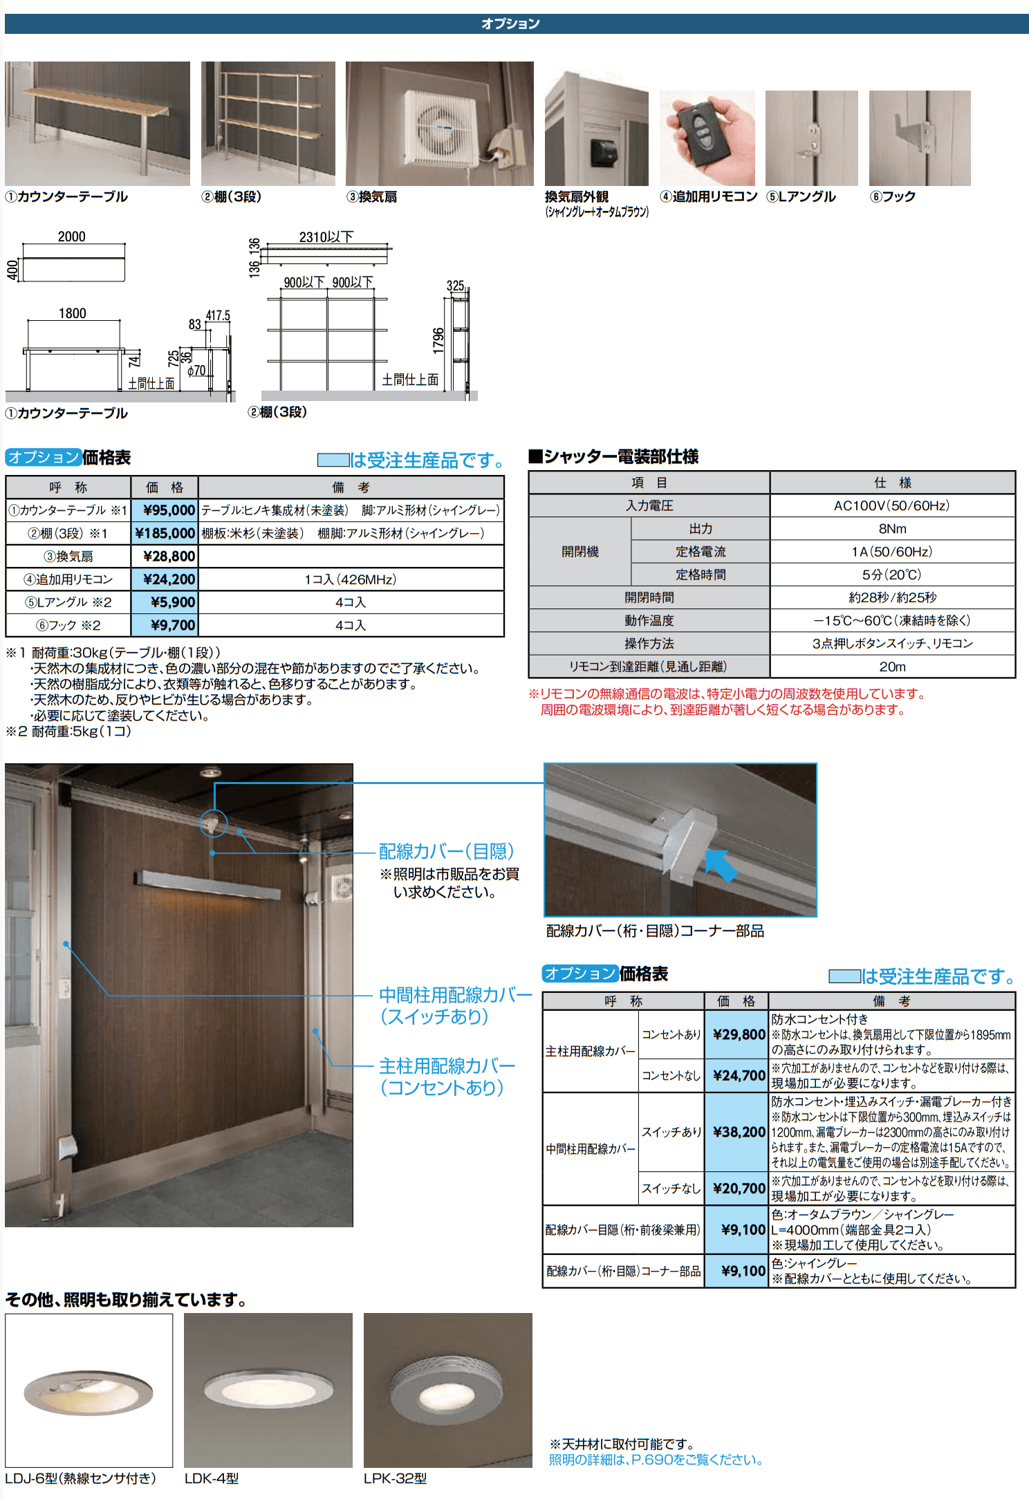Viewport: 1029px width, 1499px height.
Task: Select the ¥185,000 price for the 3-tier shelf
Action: coord(165,533)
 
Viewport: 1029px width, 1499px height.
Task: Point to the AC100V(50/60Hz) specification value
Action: coord(891,505)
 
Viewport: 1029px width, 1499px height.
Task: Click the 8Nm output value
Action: coord(892,529)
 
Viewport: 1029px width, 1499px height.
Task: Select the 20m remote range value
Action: coord(892,667)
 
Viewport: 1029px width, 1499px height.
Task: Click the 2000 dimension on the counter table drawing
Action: coord(72,236)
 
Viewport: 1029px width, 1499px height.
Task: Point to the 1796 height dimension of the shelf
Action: coord(438,340)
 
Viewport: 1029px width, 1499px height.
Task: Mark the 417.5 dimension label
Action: coord(218,315)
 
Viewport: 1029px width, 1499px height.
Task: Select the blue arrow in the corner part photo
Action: coord(721,865)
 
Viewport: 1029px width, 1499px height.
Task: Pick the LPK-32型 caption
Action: coord(395,1478)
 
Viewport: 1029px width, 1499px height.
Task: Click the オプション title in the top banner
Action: coord(510,24)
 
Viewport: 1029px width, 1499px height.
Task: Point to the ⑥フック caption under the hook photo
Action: coord(893,196)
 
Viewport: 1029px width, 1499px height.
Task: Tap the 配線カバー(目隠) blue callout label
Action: coord(446,851)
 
